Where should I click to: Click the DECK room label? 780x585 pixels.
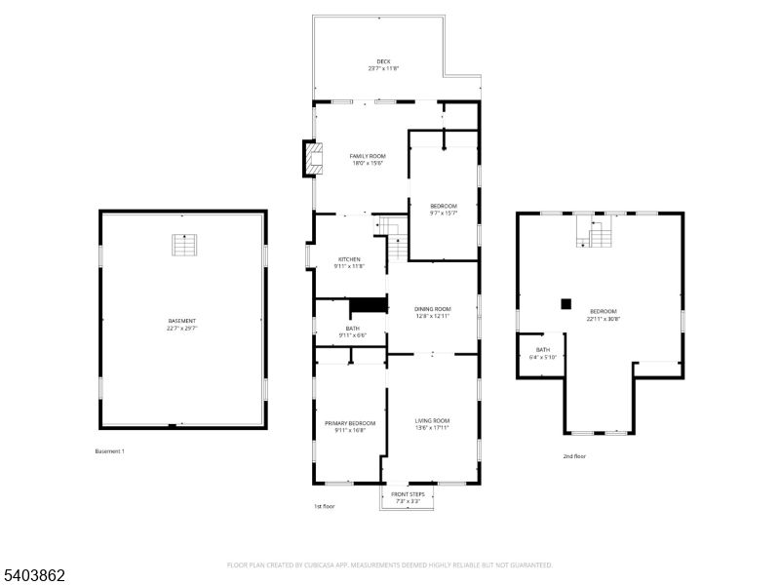pos(383,60)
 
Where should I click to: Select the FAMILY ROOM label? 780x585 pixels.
pos(368,156)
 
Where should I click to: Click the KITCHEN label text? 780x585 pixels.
pos(349,259)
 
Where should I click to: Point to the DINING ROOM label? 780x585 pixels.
pos(433,309)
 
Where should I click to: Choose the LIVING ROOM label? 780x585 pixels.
pos(432,420)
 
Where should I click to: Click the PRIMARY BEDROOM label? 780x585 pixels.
pos(349,423)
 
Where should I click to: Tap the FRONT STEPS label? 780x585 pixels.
pos(408,494)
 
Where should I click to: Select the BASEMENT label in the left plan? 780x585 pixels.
pos(182,322)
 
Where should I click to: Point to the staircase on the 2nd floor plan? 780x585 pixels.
pos(597,234)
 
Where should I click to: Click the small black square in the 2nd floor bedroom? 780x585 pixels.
pos(565,303)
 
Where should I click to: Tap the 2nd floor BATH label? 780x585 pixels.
pos(543,349)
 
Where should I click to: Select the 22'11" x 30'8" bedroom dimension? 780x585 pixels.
pos(603,319)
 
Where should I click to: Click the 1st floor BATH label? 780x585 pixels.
pos(352,329)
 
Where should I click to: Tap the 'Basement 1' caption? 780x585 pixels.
pos(109,451)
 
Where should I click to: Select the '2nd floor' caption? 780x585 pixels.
pos(574,456)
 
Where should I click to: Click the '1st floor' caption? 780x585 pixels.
pos(325,506)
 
